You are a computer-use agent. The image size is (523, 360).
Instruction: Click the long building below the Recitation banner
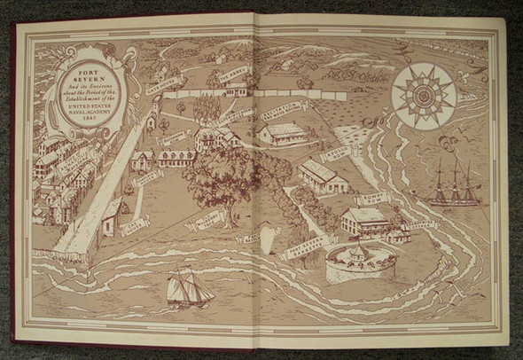[x=285, y=135]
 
